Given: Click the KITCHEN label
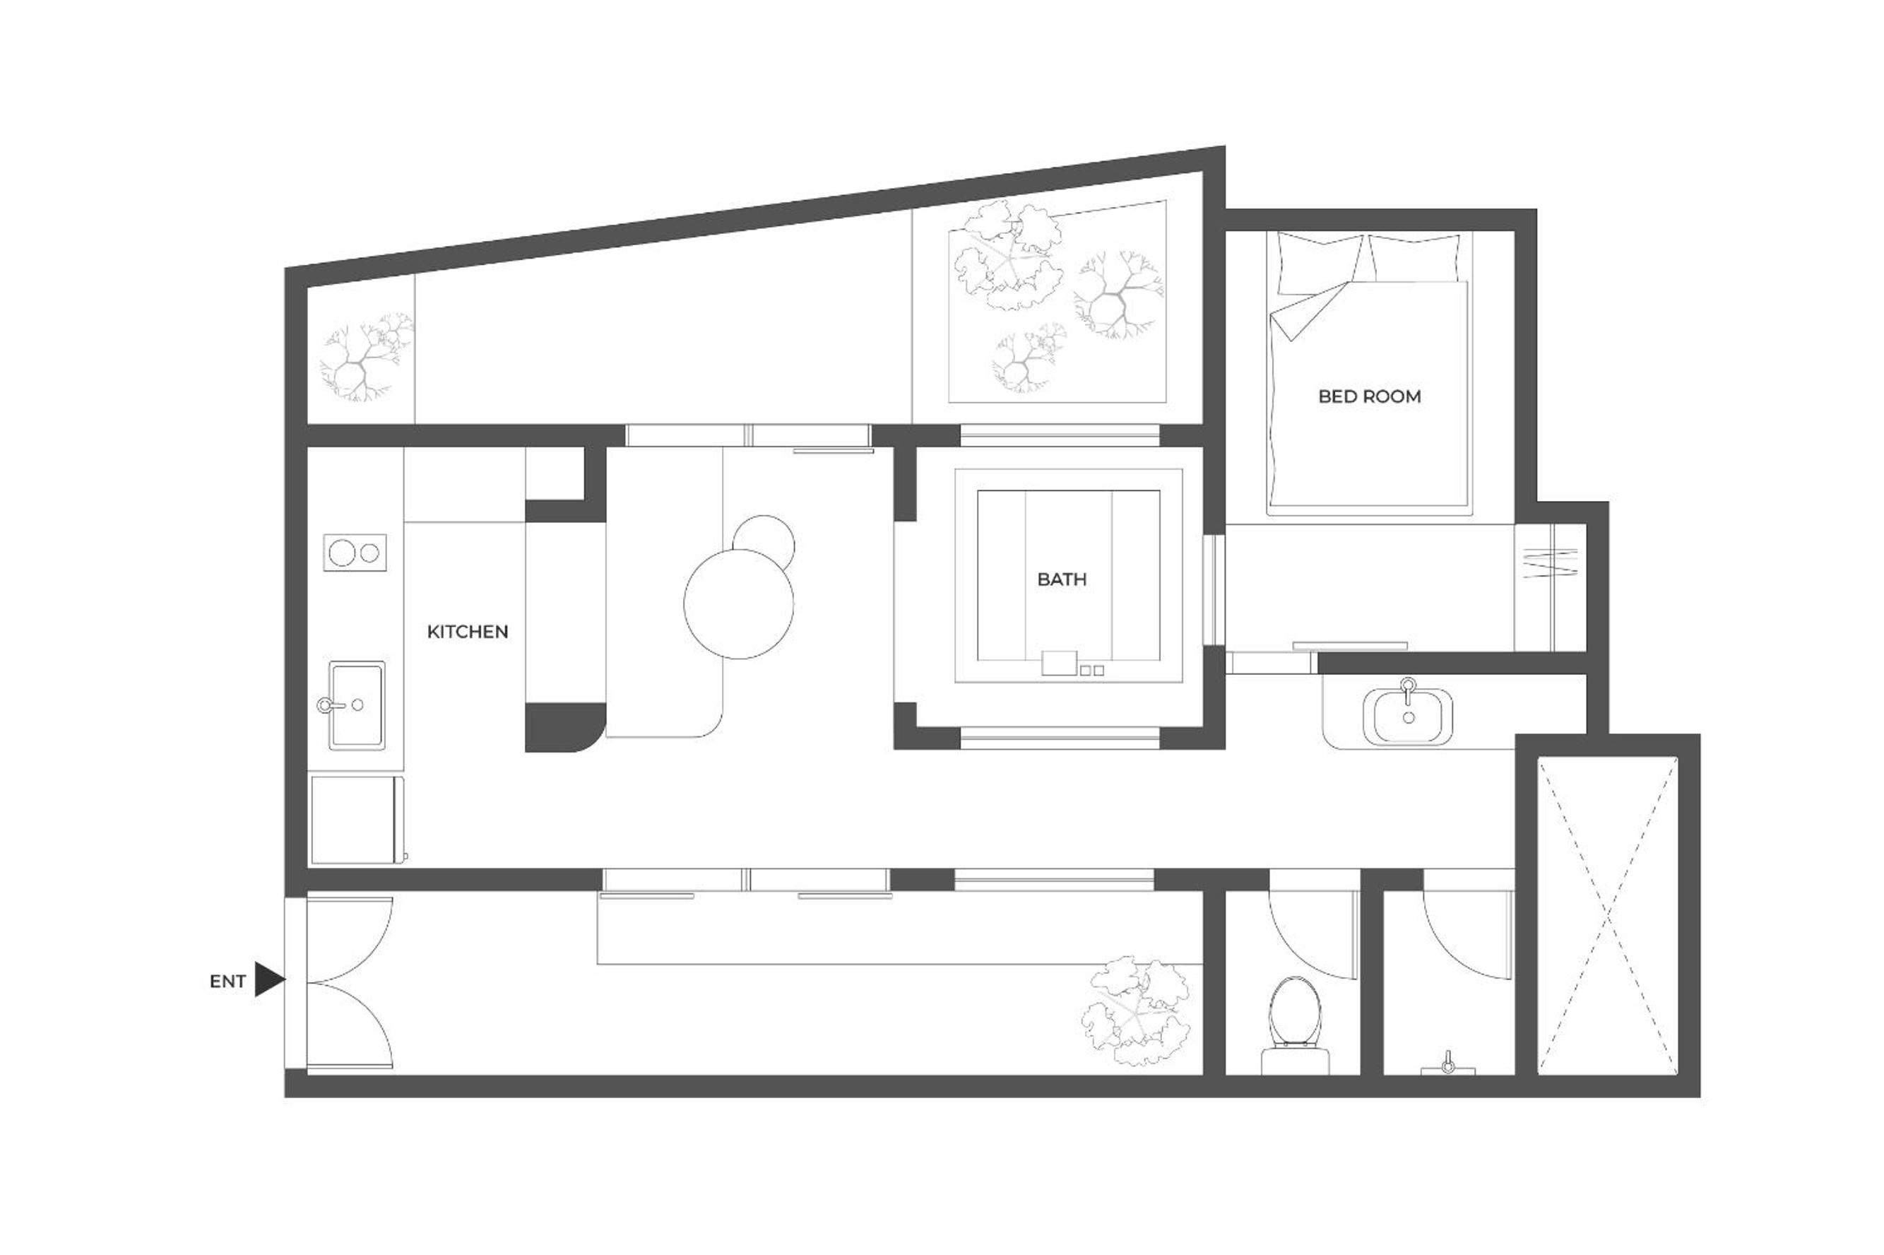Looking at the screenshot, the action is [467, 632].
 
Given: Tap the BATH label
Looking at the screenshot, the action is [1062, 579].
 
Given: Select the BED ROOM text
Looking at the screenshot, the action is [1369, 396].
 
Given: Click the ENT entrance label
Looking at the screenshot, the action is [227, 982].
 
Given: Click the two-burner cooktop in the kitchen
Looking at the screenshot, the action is [355, 553].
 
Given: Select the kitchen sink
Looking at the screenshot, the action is [357, 705].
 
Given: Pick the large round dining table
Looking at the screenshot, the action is [738, 604].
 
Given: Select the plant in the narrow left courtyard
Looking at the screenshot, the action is [367, 357].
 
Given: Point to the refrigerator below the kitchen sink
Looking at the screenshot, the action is [357, 820].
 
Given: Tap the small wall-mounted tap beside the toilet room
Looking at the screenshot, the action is [1447, 1063].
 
